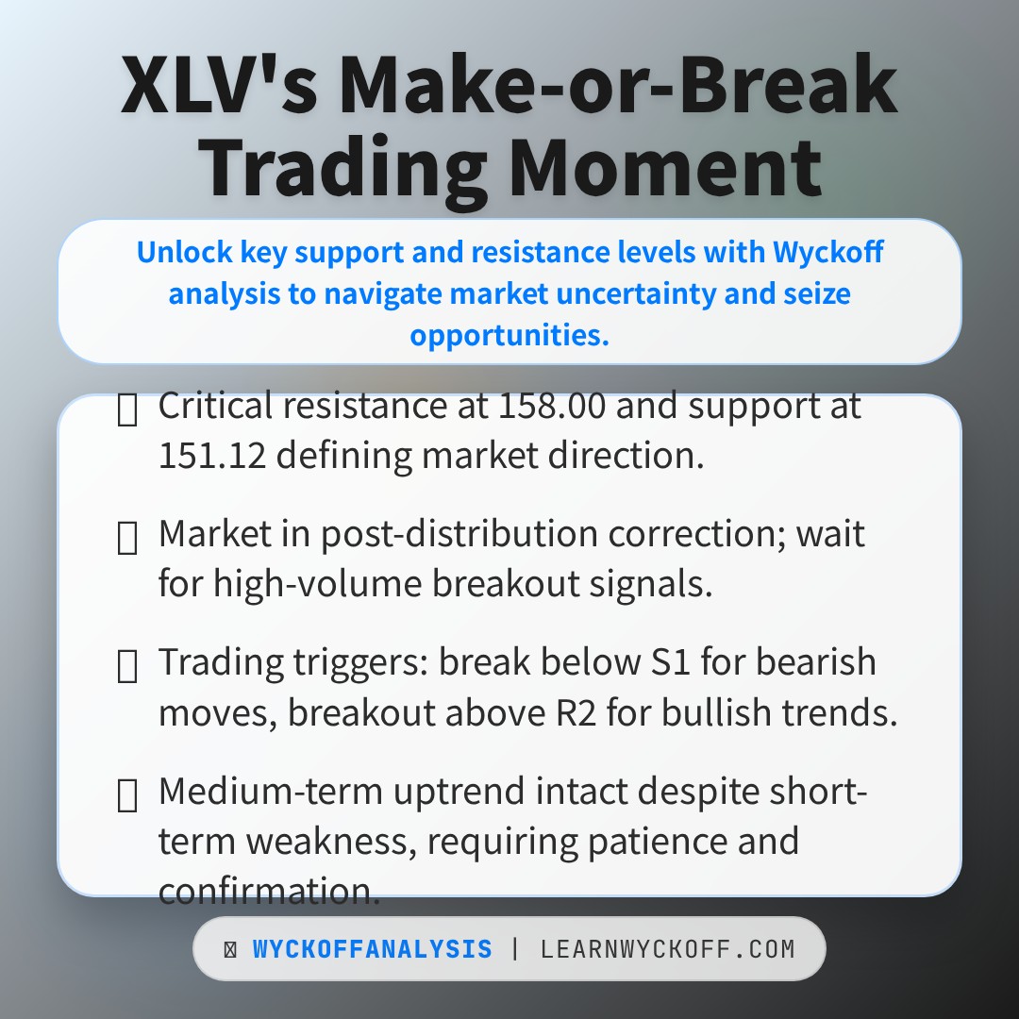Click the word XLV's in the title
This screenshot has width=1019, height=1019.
[219, 88]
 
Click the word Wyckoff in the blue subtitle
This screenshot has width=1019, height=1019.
[827, 252]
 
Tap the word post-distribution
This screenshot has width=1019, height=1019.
[460, 535]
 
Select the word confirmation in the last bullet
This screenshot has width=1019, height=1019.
[269, 890]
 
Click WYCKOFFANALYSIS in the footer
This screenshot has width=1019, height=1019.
[372, 949]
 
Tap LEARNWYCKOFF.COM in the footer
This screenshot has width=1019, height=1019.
[667, 949]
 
